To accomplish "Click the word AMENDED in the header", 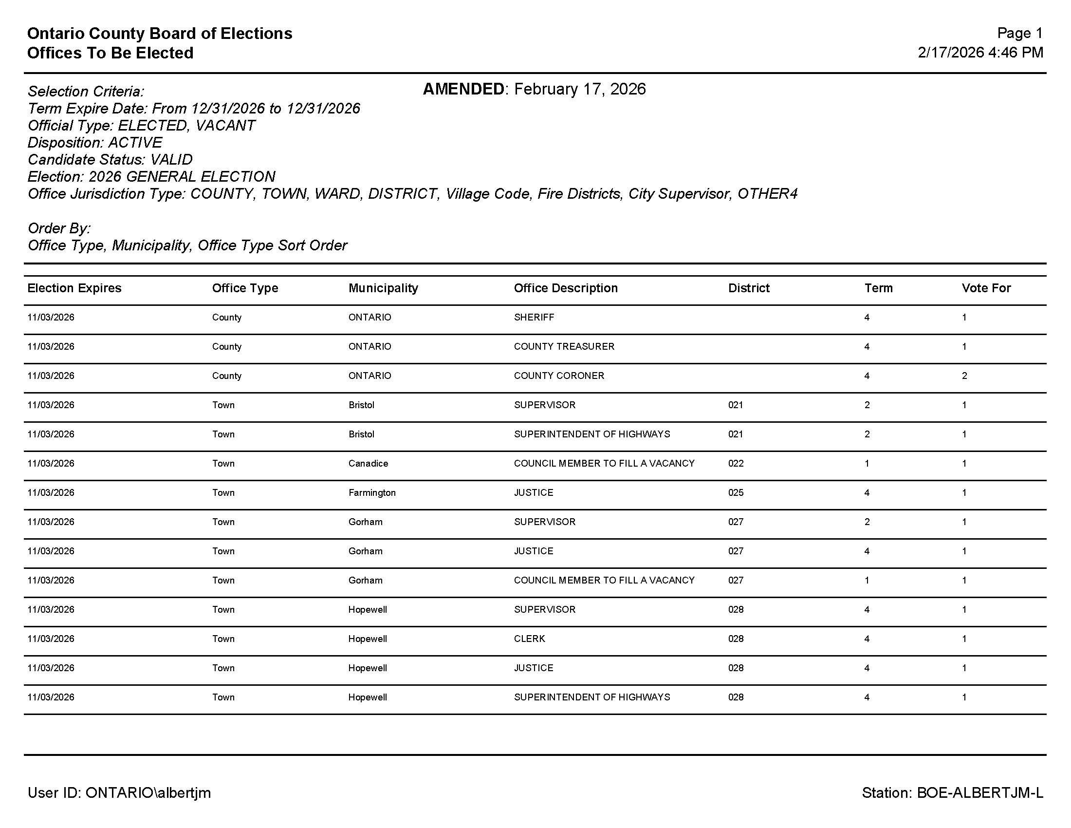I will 463,89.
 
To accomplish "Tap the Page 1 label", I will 1019,33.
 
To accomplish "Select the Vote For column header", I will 986,288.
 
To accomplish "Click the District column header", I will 748,288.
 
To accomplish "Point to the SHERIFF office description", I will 534,318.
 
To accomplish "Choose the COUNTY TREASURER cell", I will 563,346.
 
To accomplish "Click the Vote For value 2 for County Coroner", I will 964,376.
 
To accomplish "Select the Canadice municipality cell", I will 368,464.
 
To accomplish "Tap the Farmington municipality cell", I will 372,492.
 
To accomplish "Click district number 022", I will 736,464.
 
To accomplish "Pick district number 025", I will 736,492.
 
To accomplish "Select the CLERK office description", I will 529,639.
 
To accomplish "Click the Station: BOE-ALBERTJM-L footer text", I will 952,792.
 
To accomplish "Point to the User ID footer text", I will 119,792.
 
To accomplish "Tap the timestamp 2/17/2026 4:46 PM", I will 980,53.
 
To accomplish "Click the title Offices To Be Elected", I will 111,53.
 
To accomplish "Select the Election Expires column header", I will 74,288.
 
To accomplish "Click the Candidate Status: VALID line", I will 110,159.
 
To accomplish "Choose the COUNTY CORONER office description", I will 558,376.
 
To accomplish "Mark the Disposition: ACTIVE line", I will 94,142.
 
